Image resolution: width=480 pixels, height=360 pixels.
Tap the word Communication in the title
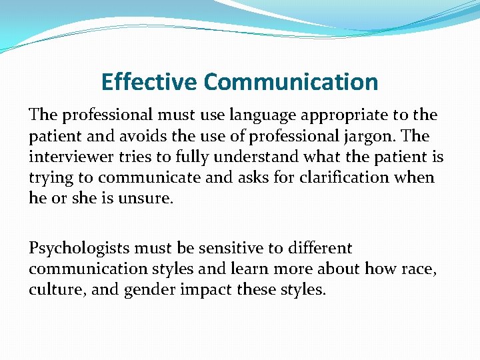(x=291, y=82)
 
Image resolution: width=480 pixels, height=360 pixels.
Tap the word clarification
(x=349, y=178)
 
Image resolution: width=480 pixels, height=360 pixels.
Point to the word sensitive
(x=226, y=249)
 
